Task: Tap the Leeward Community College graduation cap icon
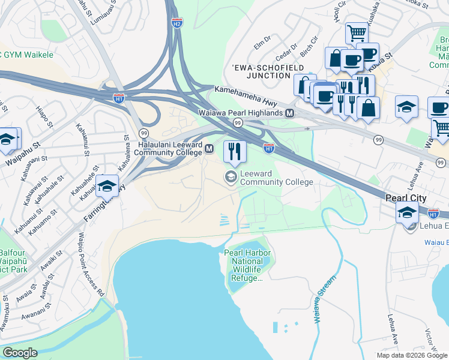(231, 176)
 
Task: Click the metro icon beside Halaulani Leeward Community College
(209, 149)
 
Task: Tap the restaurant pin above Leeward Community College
(235, 151)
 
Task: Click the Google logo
(20, 353)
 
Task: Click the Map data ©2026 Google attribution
(412, 355)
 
